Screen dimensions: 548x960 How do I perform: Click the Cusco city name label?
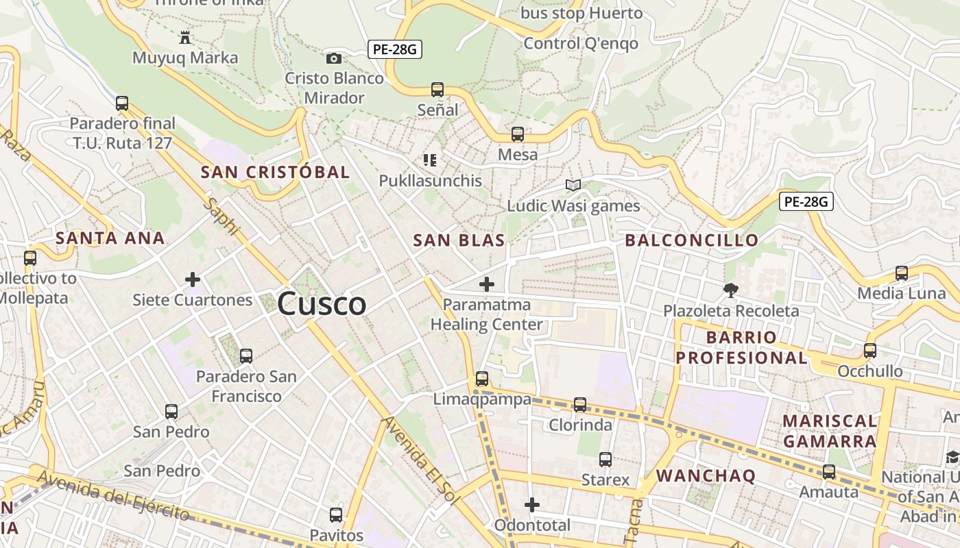pos(322,303)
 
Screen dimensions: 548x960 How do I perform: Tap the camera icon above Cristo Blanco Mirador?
pos(334,58)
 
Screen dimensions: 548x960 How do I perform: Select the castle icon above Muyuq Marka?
pos(184,37)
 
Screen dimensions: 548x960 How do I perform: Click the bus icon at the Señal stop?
pos(437,89)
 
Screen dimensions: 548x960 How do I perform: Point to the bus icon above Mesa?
pos(518,134)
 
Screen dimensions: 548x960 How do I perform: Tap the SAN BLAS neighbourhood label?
pos(459,240)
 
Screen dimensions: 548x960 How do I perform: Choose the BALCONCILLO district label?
pos(692,240)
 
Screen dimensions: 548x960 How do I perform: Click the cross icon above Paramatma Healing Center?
pos(487,284)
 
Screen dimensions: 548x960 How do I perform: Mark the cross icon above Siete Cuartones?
pos(193,279)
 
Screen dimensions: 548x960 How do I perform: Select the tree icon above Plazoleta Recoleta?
pos(730,290)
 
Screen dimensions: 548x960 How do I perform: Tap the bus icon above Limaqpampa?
pos(482,379)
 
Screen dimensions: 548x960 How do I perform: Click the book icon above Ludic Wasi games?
pos(573,185)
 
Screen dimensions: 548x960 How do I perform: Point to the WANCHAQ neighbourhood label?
pos(706,476)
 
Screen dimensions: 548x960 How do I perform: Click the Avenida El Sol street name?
pos(420,460)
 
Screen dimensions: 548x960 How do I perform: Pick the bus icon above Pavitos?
pos(336,514)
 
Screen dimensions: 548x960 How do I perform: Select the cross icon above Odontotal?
pos(532,505)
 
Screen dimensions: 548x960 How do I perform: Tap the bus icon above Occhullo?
pos(870,351)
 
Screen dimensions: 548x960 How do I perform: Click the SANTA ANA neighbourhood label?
pos(110,238)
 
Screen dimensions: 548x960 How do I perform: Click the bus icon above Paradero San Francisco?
pos(246,356)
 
